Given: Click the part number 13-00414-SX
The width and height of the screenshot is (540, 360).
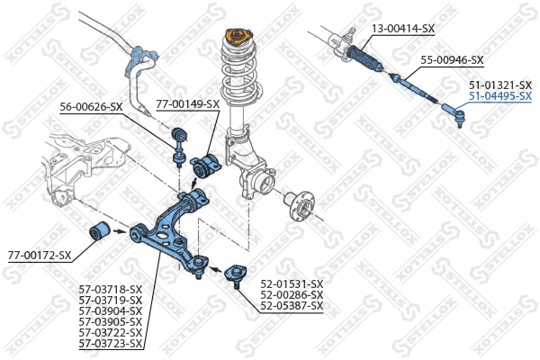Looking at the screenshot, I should pos(403,29).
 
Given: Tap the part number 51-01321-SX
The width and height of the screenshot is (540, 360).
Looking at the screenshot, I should pos(499,84).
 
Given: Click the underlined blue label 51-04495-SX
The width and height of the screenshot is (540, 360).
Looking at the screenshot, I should pos(499,94).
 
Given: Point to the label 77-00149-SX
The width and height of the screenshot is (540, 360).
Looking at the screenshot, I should pos(188,103).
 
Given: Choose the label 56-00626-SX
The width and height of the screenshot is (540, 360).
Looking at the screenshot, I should pos(91,106).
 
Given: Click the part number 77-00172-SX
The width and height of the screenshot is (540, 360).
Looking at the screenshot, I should pos(40,256).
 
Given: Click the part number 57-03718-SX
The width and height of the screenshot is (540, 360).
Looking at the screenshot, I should pos(111,290).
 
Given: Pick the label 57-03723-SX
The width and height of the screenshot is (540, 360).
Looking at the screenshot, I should pos(111,344).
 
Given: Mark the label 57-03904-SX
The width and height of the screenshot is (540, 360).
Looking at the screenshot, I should pos(111,311).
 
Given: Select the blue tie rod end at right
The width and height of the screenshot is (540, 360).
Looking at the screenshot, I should pos(453,113).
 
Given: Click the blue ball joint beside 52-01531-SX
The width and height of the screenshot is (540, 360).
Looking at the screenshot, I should pos(233,273).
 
